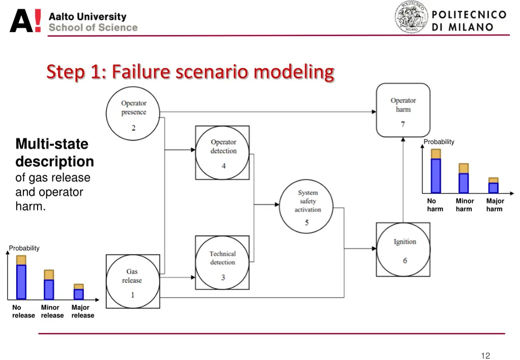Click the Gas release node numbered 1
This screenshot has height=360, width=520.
click(133, 281)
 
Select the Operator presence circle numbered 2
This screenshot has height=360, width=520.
click(134, 113)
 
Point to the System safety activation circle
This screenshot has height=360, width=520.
click(307, 206)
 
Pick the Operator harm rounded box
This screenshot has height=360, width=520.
click(403, 110)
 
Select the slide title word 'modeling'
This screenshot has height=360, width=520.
click(294, 72)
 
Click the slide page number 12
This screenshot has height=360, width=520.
click(485, 355)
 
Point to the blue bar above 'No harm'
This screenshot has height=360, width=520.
click(436, 176)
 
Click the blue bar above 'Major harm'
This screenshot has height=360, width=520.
click(494, 188)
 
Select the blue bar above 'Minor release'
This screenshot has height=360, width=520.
click(49, 289)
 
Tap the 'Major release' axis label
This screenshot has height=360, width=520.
click(82, 311)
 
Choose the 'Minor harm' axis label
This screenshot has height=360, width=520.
click(464, 205)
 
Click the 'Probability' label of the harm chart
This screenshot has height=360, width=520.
click(439, 142)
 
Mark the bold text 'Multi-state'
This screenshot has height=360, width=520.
click(52, 144)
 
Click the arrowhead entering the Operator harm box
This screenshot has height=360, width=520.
click(373, 111)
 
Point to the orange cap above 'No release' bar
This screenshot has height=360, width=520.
click(21, 260)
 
